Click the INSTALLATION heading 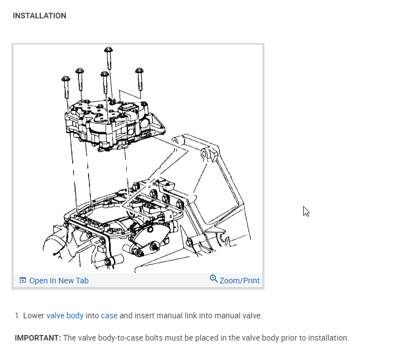tap(39, 16)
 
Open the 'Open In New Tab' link tap(58, 281)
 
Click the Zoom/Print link tap(239, 281)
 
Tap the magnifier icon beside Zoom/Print tap(214, 279)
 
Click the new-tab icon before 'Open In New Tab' tap(23, 281)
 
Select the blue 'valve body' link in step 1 tap(65, 316)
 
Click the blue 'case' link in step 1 tap(109, 316)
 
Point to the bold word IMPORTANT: tap(38, 338)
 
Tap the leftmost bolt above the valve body tap(66, 83)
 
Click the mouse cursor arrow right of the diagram tap(305, 211)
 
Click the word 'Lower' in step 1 tap(33, 316)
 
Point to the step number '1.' tap(18, 316)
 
